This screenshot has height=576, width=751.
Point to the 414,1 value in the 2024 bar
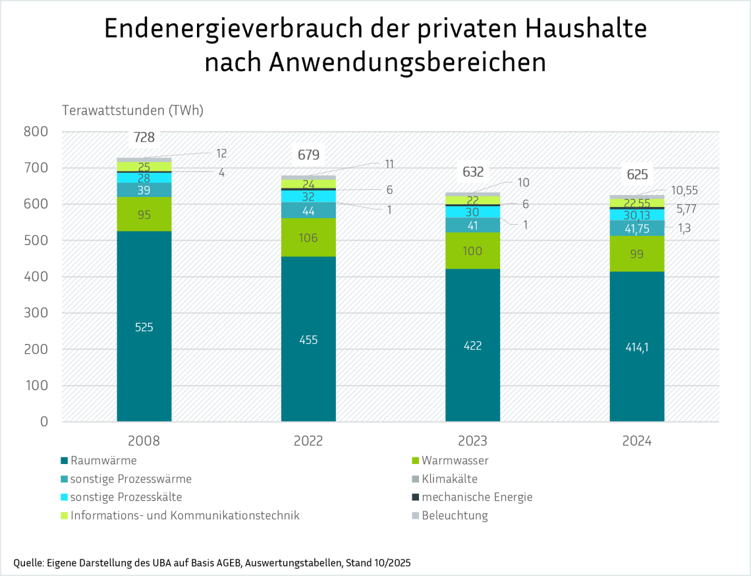pos(636,347)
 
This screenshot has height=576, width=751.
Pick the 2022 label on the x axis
pos(308,442)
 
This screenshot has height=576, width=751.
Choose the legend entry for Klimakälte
pos(449,479)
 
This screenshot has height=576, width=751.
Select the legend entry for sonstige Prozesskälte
pos(126,497)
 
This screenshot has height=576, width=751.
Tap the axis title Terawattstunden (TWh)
pos(132,110)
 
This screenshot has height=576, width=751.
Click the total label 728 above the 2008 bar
pos(144,138)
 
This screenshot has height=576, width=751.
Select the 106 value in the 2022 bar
pos(308,238)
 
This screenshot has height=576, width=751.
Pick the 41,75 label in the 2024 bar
pos(636,227)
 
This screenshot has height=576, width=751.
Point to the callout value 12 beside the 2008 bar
pos(221,154)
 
